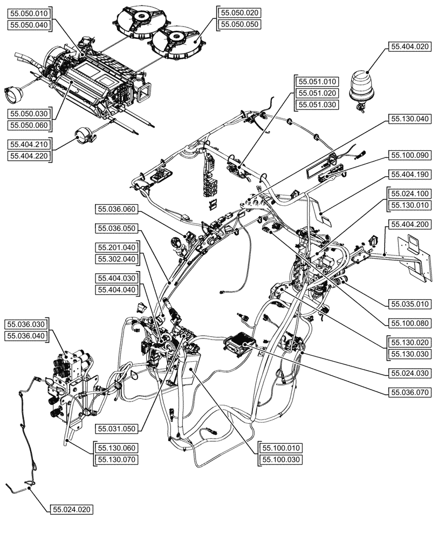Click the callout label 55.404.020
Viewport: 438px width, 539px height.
click(x=409, y=47)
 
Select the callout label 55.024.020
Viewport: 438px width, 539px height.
click(x=71, y=509)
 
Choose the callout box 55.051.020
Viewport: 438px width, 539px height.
click(x=317, y=93)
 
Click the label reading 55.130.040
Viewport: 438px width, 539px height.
click(x=409, y=119)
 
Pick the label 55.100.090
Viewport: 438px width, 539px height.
click(x=409, y=155)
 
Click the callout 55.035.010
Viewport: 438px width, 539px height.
click(x=409, y=304)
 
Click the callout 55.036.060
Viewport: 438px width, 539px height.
click(x=117, y=209)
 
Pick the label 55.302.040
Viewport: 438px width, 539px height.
click(x=117, y=259)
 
